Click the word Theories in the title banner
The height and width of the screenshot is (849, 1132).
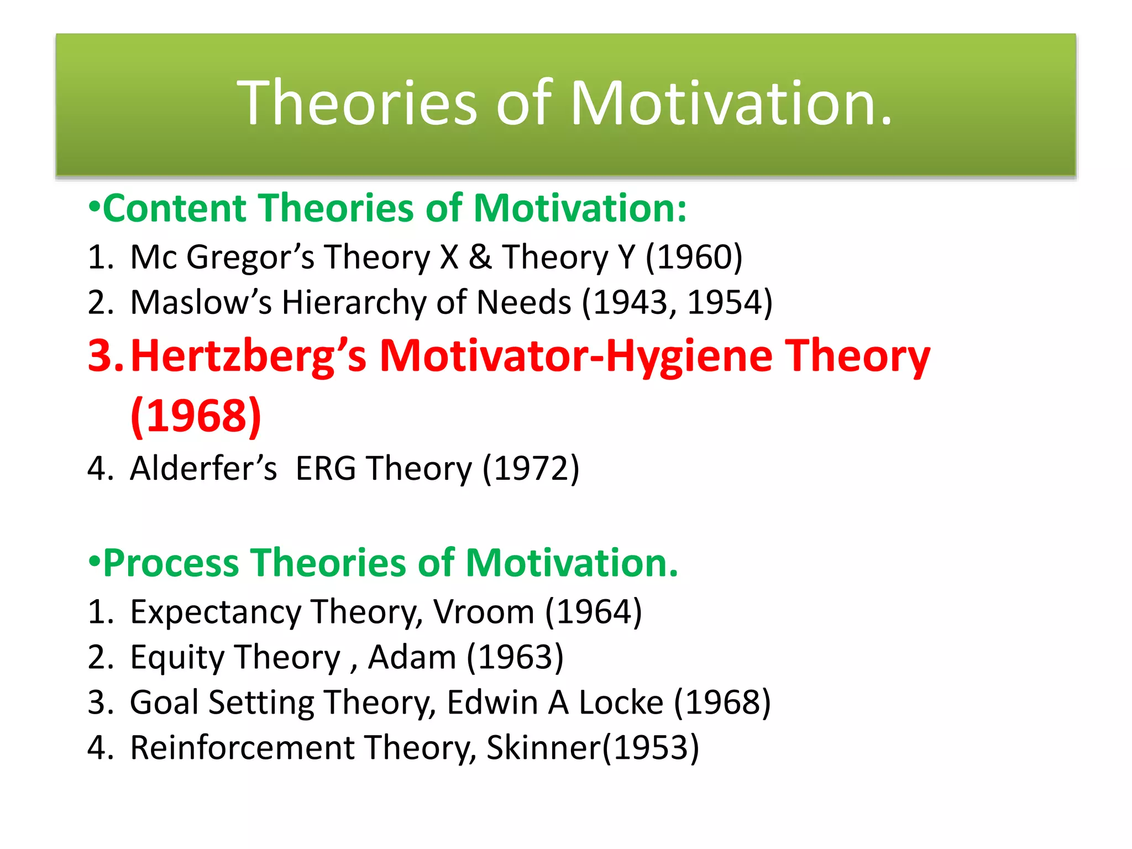pos(357,103)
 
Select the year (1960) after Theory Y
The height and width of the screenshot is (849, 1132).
pos(694,257)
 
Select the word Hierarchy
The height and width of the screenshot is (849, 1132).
pos(353,302)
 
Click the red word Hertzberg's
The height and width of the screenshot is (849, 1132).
pos(248,356)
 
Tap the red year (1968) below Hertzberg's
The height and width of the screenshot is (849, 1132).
pos(196,416)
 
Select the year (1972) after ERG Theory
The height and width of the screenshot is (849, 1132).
pos(531,468)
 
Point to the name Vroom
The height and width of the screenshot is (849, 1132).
pos(483,612)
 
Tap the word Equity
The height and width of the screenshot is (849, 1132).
pos(177,657)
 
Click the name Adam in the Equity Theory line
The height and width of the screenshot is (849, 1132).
pos(412,657)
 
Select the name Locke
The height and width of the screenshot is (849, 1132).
pos(621,703)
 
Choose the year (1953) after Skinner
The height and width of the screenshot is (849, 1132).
pos(651,748)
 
